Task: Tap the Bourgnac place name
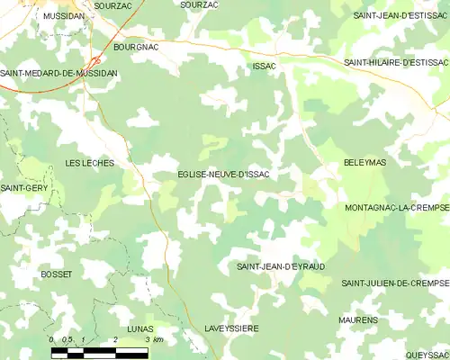135,45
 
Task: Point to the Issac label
265,67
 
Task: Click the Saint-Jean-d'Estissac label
400,16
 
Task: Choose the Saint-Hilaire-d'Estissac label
396,62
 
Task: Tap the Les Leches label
88,163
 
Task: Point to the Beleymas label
364,163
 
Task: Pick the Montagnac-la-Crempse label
396,207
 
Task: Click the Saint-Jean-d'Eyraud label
280,267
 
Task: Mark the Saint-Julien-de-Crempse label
394,283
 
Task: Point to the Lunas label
140,329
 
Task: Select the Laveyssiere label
231,329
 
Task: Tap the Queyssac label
426,355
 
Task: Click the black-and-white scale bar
99,352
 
